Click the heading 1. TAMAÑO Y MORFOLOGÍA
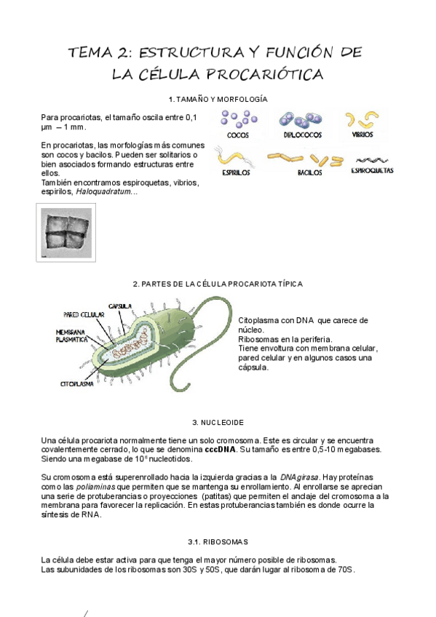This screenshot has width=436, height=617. pyautogui.click(x=218, y=98)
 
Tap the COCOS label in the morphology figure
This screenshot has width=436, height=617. pyautogui.click(x=238, y=135)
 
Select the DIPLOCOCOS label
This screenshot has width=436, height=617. pyautogui.click(x=300, y=135)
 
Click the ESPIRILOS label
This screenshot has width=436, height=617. pyautogui.click(x=237, y=173)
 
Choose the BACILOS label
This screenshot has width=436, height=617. pyautogui.click(x=309, y=173)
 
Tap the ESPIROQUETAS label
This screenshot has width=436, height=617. pyautogui.click(x=372, y=171)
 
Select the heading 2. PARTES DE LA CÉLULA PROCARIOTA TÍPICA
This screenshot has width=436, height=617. pyautogui.click(x=218, y=284)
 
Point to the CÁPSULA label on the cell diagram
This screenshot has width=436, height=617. pyautogui.click(x=119, y=305)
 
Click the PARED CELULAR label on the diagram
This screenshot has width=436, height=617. pyautogui.click(x=84, y=315)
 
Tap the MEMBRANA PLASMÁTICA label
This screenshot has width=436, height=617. pyautogui.click(x=72, y=335)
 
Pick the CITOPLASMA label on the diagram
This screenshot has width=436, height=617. pyautogui.click(x=77, y=381)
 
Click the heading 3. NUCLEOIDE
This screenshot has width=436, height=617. pyautogui.click(x=218, y=422)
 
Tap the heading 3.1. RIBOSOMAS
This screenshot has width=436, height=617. pyautogui.click(x=218, y=541)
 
